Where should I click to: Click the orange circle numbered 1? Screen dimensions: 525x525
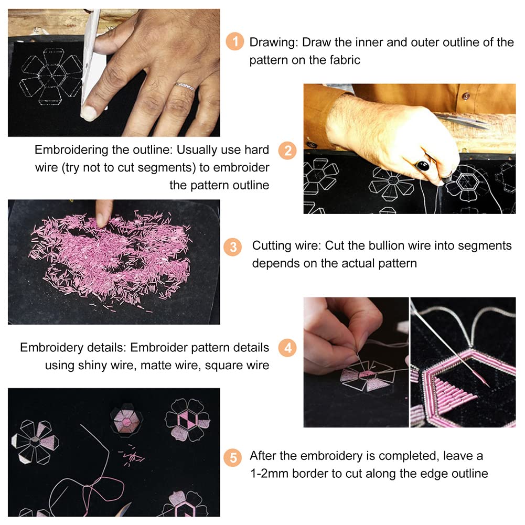235,41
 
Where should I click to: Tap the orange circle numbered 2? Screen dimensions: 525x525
287,151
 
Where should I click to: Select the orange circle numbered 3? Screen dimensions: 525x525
233,247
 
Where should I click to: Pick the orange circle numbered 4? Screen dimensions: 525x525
287,348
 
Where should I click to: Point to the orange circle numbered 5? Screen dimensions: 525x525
233,458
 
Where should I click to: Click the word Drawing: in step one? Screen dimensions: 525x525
274,42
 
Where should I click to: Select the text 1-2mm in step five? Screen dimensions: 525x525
269,474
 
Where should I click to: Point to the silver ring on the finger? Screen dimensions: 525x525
185,87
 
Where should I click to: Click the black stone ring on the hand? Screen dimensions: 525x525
423,165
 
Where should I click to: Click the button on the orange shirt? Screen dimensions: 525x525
465,97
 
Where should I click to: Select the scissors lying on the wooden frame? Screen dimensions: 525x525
464,121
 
